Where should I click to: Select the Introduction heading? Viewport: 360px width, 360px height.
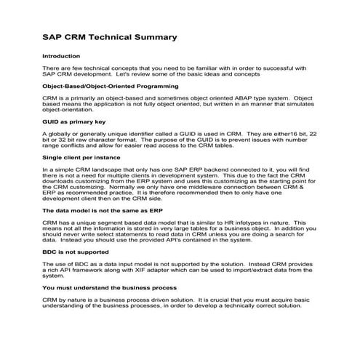pyautogui.click(x=61, y=56)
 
